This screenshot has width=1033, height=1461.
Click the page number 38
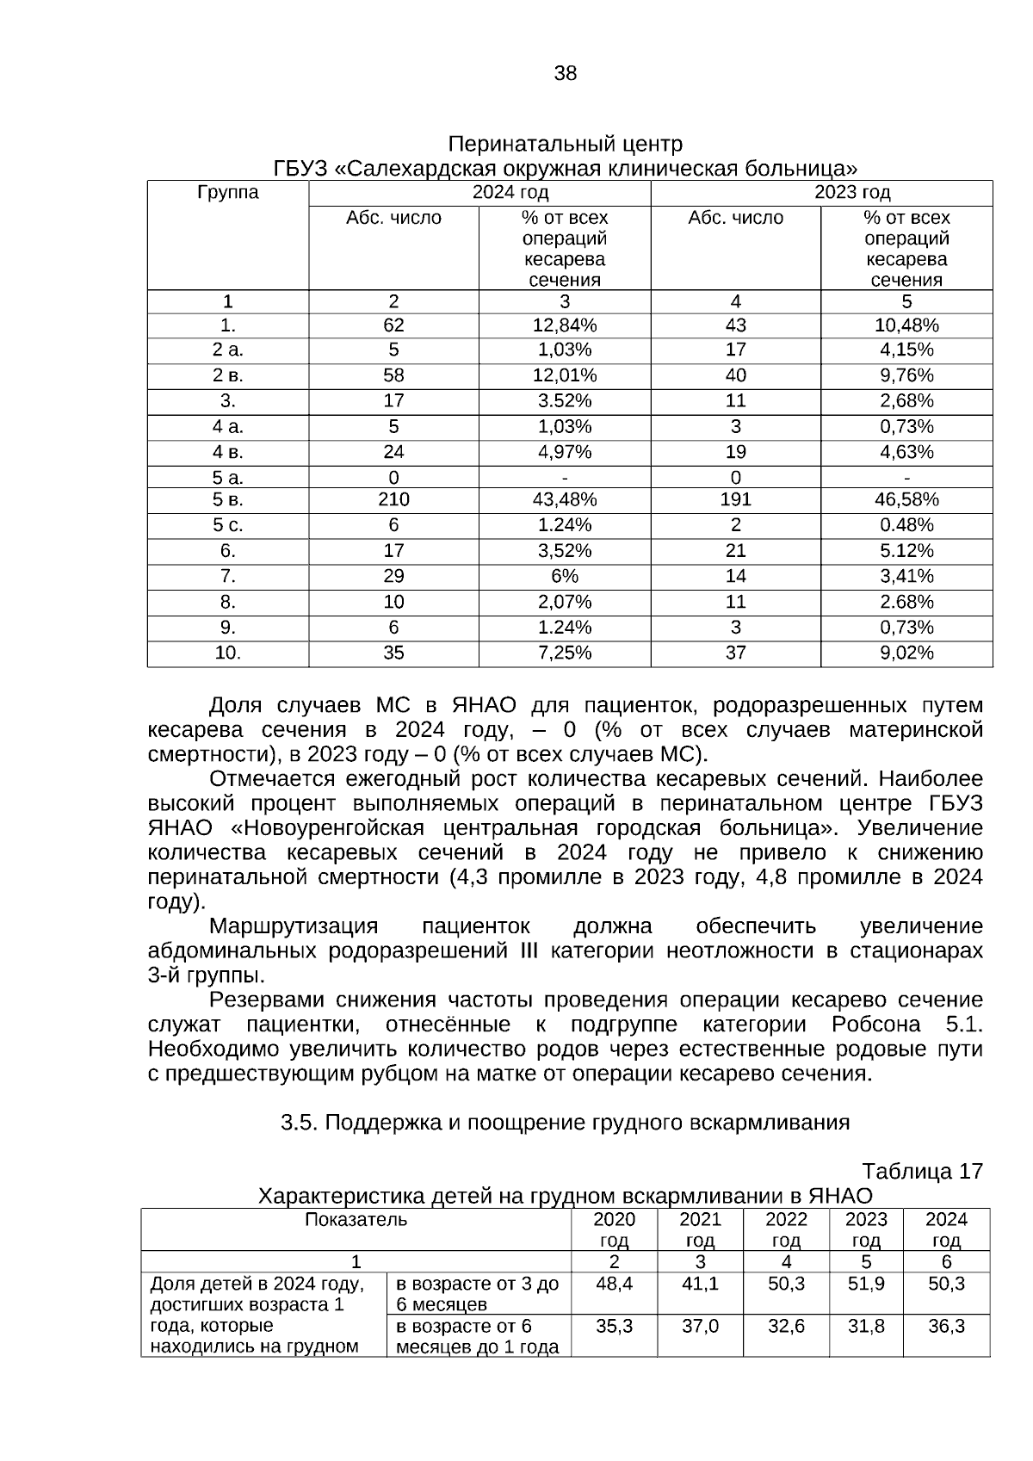point(565,74)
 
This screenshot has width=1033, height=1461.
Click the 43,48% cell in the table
point(565,499)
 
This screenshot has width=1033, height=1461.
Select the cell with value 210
point(393,499)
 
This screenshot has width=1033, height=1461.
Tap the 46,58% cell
point(906,499)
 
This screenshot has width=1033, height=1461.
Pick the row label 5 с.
point(228,525)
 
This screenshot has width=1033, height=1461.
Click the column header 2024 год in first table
point(510,192)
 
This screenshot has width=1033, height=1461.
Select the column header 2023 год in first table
point(852,192)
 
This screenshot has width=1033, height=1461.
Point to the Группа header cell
point(228,192)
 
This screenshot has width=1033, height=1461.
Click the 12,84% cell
point(565,325)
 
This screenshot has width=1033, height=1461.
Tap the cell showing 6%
point(565,576)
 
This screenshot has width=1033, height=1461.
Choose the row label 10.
point(228,653)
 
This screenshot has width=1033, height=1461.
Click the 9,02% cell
point(906,653)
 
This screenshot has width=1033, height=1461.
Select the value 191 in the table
point(735,499)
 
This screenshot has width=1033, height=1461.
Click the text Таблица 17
point(922,1172)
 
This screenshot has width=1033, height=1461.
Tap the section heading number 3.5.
point(300,1123)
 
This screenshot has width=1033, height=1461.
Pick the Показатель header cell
point(356,1219)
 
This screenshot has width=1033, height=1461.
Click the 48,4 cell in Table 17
point(614,1284)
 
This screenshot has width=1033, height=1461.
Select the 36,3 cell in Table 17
point(946,1327)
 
